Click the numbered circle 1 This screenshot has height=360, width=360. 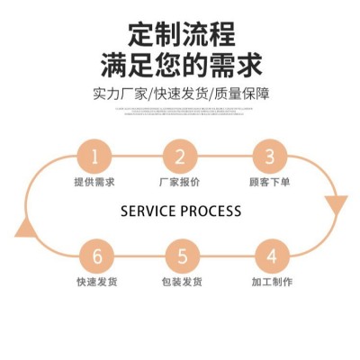coord(94,157)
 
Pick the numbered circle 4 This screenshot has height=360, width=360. coord(271,256)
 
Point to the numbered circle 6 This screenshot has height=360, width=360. coord(97,256)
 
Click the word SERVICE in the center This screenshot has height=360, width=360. coord(148,211)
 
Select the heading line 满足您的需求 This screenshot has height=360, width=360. coord(182,66)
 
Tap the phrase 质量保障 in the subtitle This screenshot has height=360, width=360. coord(243,94)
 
